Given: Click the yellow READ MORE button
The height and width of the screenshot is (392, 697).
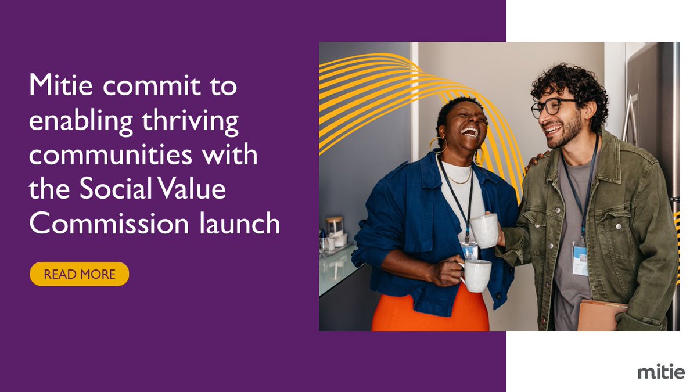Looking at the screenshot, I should [80, 274].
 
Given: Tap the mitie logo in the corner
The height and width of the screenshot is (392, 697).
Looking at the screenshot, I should [660, 372].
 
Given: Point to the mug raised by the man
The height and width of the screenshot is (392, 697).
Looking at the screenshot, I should [484, 231].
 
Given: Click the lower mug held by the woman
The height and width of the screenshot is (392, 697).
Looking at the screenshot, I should [476, 275].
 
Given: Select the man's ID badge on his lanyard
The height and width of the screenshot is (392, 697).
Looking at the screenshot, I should [580, 258].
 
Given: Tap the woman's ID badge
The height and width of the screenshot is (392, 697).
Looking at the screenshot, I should [470, 250].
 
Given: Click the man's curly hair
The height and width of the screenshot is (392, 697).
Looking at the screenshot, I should [569, 81].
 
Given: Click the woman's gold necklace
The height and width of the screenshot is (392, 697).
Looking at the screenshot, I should [459, 181].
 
